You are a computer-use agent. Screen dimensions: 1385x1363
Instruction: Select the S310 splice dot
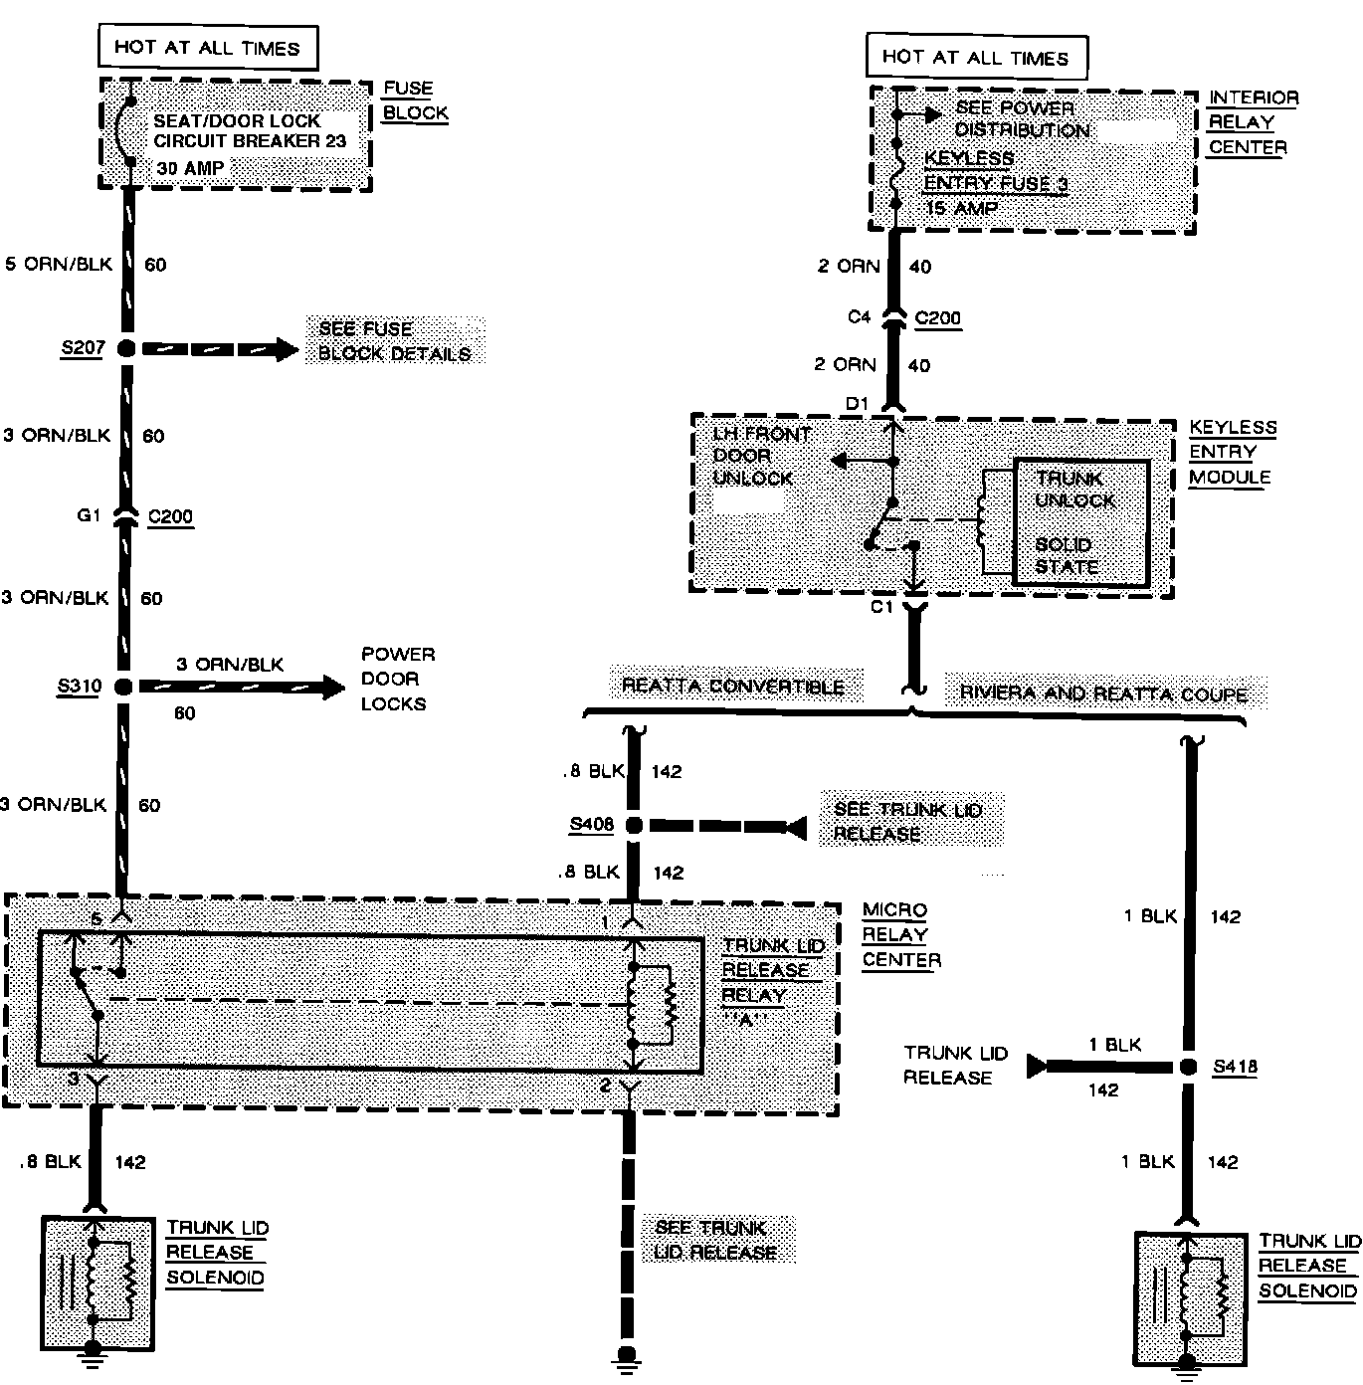123,687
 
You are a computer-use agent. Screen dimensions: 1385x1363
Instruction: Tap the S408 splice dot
631,825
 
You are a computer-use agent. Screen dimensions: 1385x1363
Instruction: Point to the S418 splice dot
1188,1067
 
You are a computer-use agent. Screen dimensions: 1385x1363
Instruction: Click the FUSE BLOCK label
415,100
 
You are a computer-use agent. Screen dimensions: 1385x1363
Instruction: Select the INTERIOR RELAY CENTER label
1253,122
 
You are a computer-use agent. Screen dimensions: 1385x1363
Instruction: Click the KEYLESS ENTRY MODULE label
1232,452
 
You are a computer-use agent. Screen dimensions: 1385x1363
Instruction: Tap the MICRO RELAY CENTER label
899,935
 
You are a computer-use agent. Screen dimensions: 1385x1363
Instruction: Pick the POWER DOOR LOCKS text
397,679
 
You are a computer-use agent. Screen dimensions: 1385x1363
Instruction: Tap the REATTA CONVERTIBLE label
732,687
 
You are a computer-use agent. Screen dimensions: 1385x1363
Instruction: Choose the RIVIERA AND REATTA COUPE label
1102,693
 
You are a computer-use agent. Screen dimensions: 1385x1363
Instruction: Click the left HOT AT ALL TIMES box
206,47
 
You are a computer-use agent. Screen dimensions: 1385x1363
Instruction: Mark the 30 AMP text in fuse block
190,168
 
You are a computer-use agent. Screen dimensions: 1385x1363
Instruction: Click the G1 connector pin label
91,516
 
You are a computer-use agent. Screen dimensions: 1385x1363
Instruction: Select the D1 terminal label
858,403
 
